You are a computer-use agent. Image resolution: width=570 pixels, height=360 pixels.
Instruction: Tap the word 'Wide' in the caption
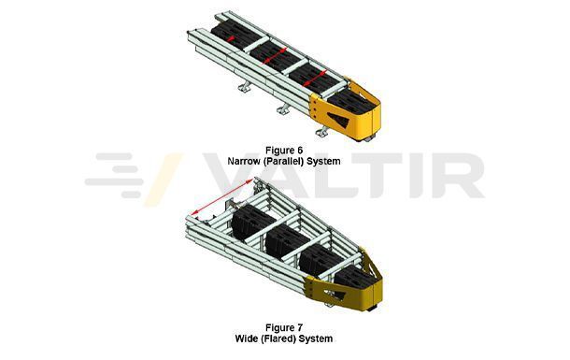249,338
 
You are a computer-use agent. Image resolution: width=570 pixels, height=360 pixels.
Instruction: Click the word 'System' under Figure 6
326,161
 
